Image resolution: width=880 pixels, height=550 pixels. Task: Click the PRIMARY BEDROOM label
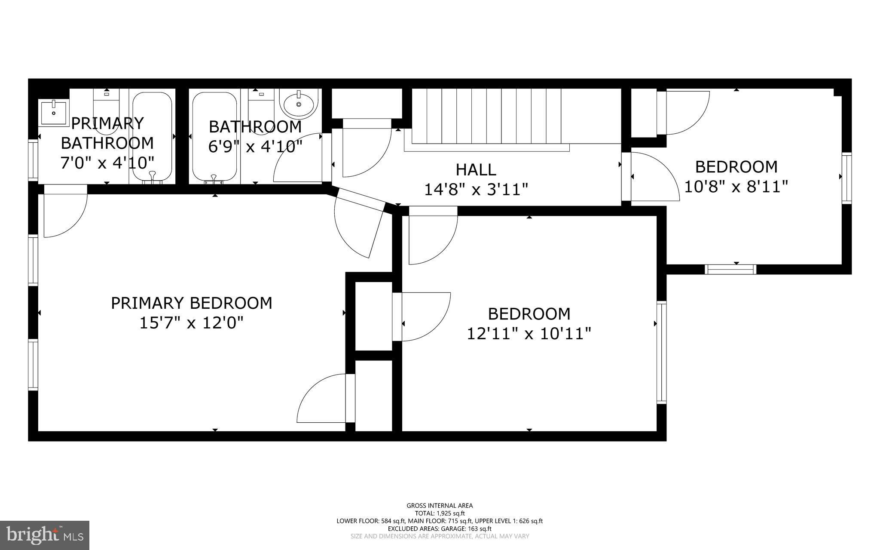click(192, 303)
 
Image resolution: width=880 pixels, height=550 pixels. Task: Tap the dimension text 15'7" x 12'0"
click(192, 323)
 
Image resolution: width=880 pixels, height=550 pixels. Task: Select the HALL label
click(476, 169)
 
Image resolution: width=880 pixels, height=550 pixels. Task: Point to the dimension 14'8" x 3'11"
click(476, 189)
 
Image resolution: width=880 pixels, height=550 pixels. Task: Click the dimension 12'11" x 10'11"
click(529, 333)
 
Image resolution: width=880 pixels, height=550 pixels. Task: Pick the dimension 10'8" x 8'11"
click(736, 187)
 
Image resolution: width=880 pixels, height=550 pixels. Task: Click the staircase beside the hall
click(486, 116)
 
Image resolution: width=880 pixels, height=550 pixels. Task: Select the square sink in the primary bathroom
click(53, 112)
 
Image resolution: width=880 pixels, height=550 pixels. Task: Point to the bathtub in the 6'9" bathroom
click(214, 137)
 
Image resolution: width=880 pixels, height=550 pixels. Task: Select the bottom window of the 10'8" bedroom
click(730, 270)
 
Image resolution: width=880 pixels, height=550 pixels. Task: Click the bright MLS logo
click(45, 535)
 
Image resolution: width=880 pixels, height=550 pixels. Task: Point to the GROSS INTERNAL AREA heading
click(440, 506)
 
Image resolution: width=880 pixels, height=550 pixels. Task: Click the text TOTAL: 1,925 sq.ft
click(440, 513)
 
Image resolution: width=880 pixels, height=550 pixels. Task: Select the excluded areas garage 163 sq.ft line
click(440, 528)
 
